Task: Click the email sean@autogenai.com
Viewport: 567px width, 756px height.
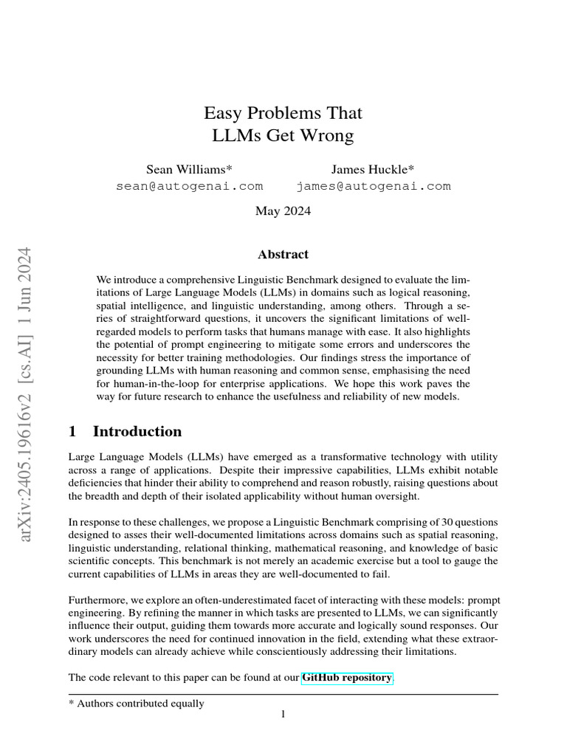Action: click(x=190, y=186)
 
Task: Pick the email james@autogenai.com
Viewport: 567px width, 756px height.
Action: click(x=373, y=186)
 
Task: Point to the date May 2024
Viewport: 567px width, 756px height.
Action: click(x=283, y=211)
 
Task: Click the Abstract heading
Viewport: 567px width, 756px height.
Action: click(x=283, y=254)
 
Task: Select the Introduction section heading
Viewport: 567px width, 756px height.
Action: click(x=137, y=431)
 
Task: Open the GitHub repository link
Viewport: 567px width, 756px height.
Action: click(x=347, y=677)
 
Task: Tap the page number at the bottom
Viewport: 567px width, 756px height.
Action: click(x=283, y=715)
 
